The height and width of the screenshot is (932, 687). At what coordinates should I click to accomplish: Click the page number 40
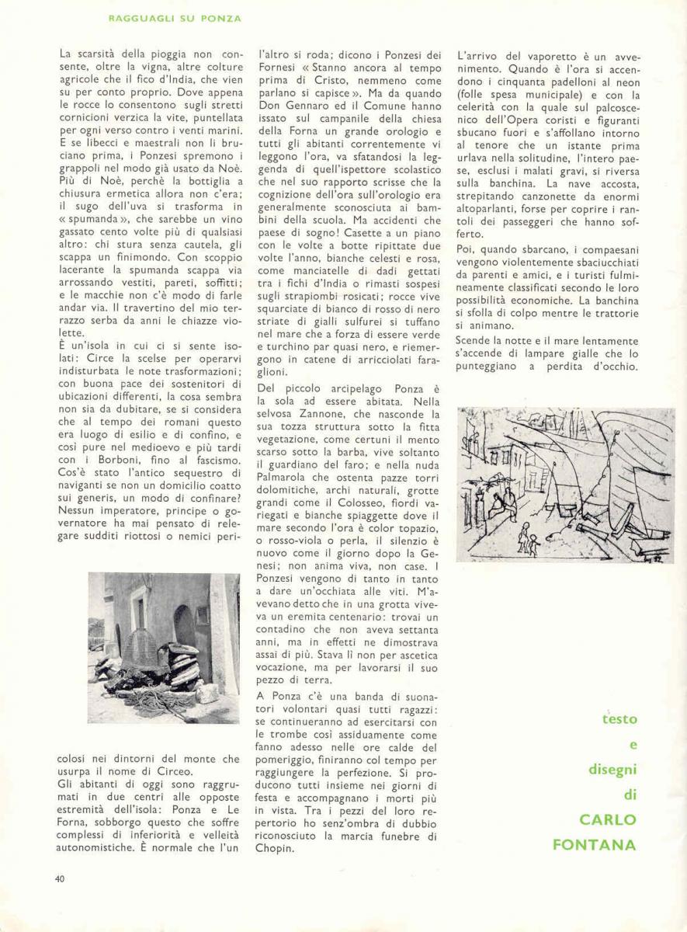click(60, 878)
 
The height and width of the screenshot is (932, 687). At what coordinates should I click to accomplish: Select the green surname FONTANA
click(594, 844)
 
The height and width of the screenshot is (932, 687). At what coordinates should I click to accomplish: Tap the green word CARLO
click(608, 820)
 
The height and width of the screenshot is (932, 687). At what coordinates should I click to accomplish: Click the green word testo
click(619, 720)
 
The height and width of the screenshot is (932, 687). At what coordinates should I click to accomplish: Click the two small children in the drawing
click(529, 538)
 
